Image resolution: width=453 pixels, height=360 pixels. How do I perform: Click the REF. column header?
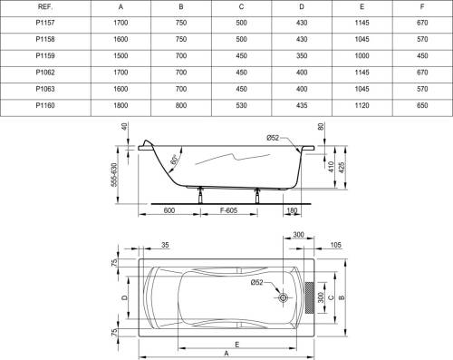pos(45,7)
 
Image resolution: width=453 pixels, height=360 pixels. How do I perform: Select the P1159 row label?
pos(45,56)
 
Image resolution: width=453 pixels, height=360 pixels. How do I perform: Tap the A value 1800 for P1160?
pos(120,105)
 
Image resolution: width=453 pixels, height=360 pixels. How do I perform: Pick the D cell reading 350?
pos(302,56)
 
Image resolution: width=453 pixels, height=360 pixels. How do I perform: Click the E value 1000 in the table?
pos(361,56)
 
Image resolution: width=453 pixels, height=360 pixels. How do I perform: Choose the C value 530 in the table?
pos(241,105)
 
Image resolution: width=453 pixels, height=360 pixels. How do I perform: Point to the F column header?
pos(422,7)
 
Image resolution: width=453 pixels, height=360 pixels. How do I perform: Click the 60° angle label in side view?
pos(174,159)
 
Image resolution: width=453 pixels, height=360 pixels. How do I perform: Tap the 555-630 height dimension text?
pos(113,175)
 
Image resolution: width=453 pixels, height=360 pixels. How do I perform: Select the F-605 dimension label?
pos(228,210)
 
